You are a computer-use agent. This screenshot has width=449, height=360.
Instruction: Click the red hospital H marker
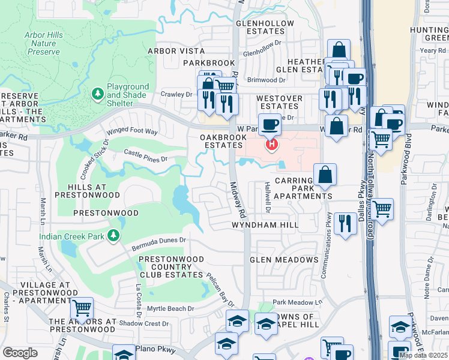pos(272,145)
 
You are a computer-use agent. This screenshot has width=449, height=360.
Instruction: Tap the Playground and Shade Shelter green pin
pos(98,94)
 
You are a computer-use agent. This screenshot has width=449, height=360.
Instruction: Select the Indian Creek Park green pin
pos(113,236)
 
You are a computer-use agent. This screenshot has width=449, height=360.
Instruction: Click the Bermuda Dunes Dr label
pos(159,244)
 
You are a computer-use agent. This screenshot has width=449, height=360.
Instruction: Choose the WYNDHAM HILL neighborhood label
pos(265,225)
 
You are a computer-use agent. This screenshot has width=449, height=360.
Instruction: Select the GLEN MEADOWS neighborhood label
pos(284,260)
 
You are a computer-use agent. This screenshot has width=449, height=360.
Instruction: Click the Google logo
pos(20,353)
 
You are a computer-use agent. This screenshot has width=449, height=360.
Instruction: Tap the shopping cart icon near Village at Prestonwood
pos(82,308)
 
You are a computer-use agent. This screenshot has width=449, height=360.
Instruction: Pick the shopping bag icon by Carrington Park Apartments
pos(325,175)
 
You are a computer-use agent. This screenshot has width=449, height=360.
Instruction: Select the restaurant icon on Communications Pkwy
pos(345,223)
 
